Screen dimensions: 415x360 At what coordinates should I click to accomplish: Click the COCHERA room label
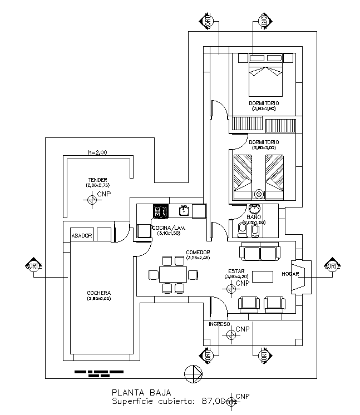(x=99, y=293)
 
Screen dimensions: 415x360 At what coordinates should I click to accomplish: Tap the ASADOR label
(x=81, y=236)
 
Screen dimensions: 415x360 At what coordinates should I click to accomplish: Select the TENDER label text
(x=97, y=180)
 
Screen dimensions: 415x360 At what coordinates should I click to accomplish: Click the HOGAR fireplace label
(x=291, y=274)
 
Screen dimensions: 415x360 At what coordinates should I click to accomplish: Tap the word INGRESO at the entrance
(x=219, y=324)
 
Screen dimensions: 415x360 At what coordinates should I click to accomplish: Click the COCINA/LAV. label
(x=169, y=228)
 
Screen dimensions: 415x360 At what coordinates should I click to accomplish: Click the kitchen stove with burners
(x=161, y=210)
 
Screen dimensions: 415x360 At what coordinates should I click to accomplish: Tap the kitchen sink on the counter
(x=184, y=210)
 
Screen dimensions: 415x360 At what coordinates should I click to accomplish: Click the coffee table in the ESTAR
(x=263, y=276)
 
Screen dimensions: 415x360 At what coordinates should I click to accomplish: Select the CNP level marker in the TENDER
(x=92, y=199)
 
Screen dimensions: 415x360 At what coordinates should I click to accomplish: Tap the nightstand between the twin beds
(x=259, y=194)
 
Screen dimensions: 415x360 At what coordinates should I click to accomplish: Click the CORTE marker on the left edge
(x=33, y=265)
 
